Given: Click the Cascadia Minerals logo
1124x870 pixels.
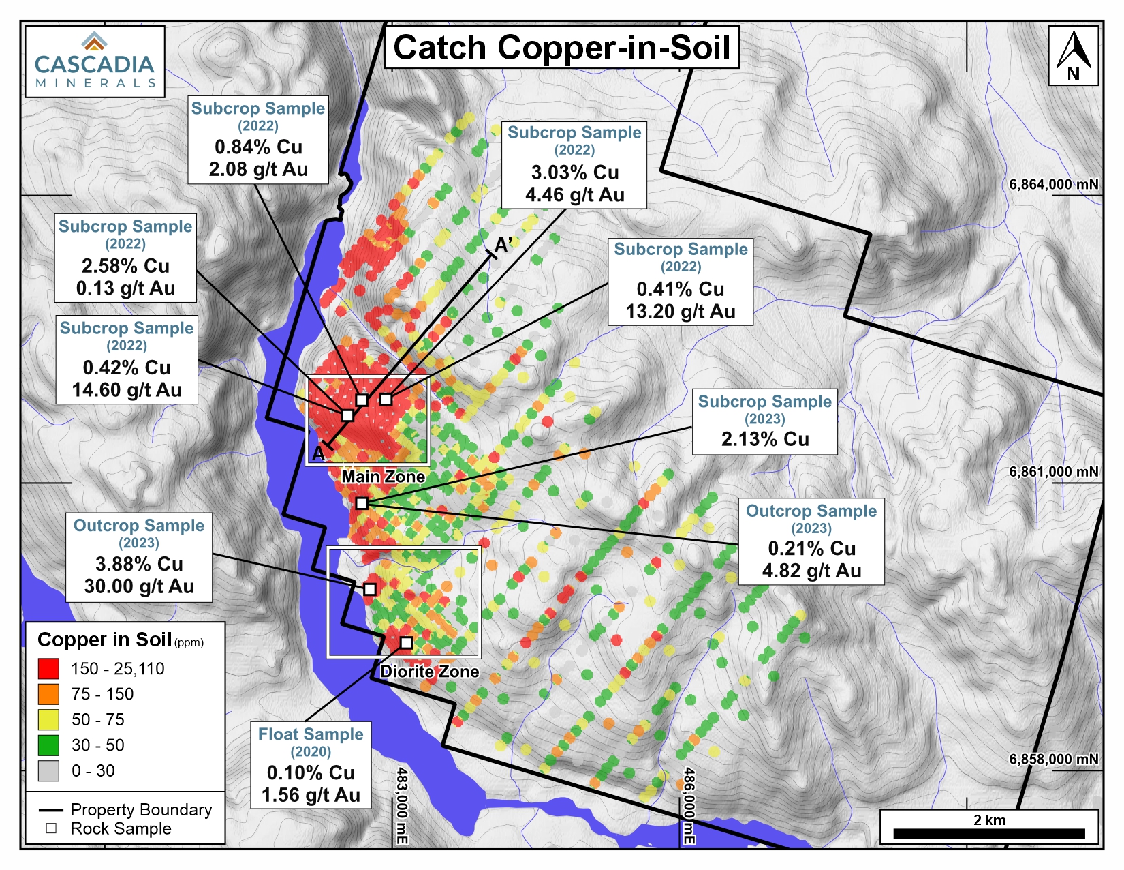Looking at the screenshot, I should click(x=95, y=61).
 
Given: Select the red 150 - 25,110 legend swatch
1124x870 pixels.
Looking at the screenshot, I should click(x=48, y=669).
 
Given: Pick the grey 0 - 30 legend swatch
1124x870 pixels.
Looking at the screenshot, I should click(x=48, y=771).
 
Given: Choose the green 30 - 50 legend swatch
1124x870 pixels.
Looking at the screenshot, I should click(x=48, y=745).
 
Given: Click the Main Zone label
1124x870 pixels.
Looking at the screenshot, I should click(x=383, y=477).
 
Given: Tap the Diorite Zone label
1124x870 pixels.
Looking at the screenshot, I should click(x=429, y=672).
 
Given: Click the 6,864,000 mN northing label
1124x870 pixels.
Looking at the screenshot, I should click(x=1053, y=185).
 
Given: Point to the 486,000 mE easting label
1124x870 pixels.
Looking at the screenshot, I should click(x=689, y=806).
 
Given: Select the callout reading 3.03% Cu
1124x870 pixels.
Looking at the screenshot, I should click(x=574, y=172).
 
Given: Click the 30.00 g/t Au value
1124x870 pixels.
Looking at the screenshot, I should click(x=139, y=586).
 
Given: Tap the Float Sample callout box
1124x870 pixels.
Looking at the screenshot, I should click(x=311, y=764).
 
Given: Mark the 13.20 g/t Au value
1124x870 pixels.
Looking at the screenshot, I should click(x=680, y=312).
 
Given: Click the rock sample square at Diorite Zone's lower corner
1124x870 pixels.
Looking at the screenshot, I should click(x=406, y=642).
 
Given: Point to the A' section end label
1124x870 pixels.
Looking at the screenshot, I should click(x=503, y=245).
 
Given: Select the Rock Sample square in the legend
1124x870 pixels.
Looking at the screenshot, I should click(x=51, y=829).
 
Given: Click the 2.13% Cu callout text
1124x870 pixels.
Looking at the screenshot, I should click(x=764, y=439).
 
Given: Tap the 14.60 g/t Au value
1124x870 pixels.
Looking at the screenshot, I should click(x=127, y=390).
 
